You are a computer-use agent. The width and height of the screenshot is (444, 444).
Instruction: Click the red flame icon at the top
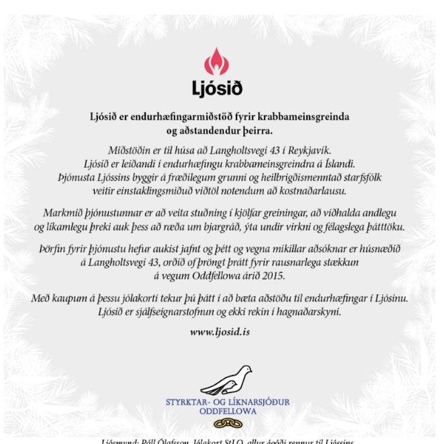pos(216,62)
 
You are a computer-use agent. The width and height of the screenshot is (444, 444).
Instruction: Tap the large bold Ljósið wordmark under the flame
pos(216,88)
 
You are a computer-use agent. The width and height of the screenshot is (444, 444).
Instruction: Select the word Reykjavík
pos(311,149)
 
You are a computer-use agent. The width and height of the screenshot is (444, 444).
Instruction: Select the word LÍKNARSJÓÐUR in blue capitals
pos(257,402)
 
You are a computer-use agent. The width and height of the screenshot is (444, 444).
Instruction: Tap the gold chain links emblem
pos(222,423)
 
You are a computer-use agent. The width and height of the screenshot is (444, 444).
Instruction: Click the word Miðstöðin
pos(132,149)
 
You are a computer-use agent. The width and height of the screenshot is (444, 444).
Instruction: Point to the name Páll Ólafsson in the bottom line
pos(166,441)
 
